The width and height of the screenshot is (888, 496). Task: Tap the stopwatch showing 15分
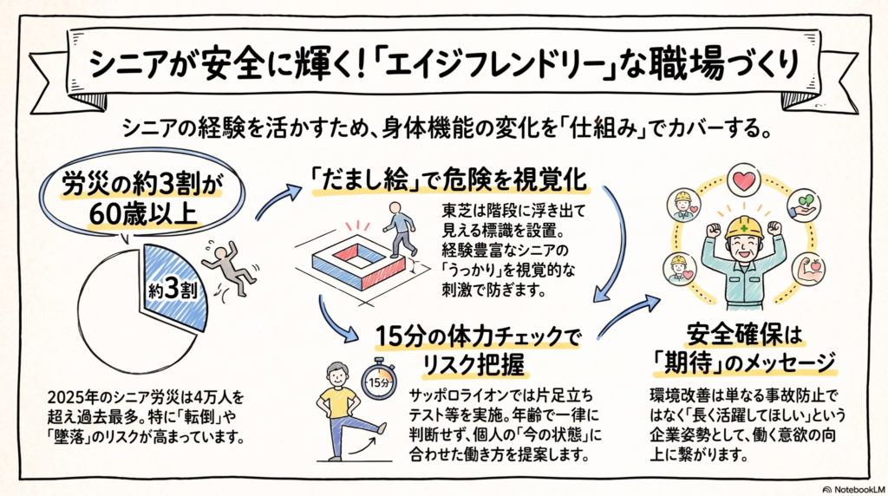point(378,380)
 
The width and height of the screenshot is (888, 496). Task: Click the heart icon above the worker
point(743,180)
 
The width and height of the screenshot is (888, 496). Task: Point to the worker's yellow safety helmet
point(743,227)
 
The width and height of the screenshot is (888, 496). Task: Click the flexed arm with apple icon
point(807,269)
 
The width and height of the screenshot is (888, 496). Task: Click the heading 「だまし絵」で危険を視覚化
point(450,180)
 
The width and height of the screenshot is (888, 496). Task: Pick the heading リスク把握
point(473,366)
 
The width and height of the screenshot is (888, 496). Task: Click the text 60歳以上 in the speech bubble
point(143,214)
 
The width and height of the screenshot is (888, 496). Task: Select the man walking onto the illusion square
point(401,229)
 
